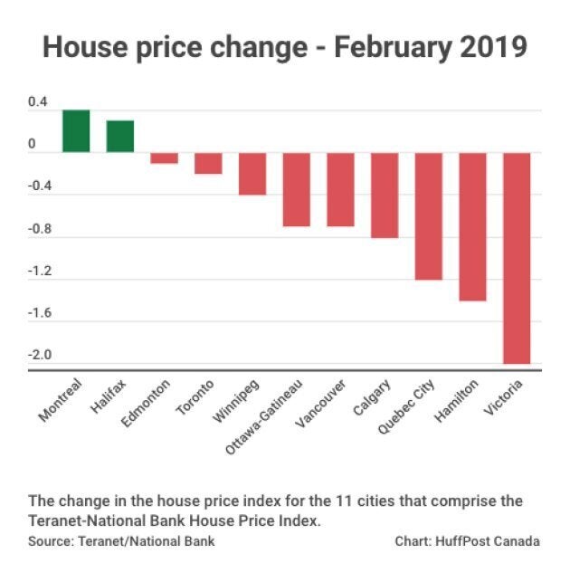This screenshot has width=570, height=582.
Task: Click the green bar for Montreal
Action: [76, 131]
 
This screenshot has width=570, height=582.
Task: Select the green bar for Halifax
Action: [120, 137]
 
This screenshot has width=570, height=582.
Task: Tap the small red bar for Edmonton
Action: [164, 157]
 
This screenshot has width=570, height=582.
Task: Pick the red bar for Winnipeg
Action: [252, 174]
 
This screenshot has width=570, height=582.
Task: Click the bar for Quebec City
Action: [429, 216]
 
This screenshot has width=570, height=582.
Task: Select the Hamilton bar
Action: [472, 226]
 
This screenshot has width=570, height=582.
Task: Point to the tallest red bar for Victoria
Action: [517, 258]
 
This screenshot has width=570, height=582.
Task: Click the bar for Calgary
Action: [385, 196]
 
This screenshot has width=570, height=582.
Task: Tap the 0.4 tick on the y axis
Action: [37, 102]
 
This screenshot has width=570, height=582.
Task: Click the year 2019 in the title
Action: [487, 47]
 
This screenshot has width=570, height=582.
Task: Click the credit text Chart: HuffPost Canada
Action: [467, 541]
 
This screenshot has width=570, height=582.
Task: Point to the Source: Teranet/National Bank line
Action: [121, 541]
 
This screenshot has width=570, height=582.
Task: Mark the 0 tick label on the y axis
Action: [32, 145]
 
